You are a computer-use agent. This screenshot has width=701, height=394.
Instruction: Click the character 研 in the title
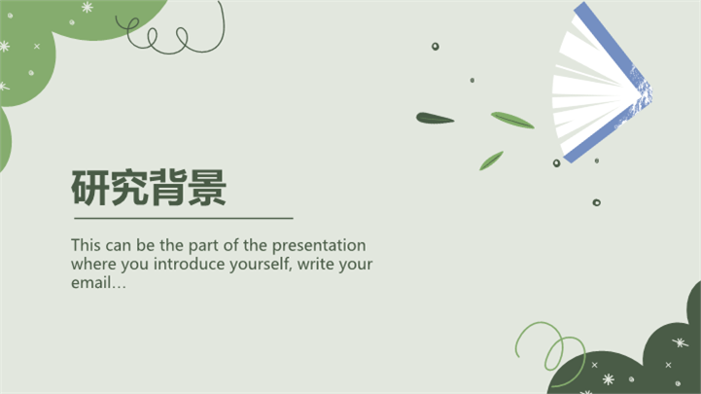click(90, 188)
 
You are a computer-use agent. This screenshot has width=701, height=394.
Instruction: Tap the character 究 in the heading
click(129, 188)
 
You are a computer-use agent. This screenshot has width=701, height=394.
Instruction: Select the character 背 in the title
click(168, 188)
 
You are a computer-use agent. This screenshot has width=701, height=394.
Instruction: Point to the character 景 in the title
click(207, 188)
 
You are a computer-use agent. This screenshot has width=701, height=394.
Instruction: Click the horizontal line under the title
click(184, 218)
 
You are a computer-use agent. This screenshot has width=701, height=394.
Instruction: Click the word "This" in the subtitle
click(85, 245)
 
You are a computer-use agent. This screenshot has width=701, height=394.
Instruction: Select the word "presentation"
click(319, 246)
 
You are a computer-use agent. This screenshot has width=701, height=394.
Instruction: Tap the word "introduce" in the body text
click(190, 264)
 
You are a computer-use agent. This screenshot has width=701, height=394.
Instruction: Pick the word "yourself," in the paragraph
click(262, 265)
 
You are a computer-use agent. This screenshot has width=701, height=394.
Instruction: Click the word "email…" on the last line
click(98, 283)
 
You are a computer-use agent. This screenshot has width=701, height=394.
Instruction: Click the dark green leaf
click(435, 119)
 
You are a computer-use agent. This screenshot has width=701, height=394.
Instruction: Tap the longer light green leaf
click(512, 120)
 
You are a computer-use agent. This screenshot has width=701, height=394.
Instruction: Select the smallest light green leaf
click(491, 161)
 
